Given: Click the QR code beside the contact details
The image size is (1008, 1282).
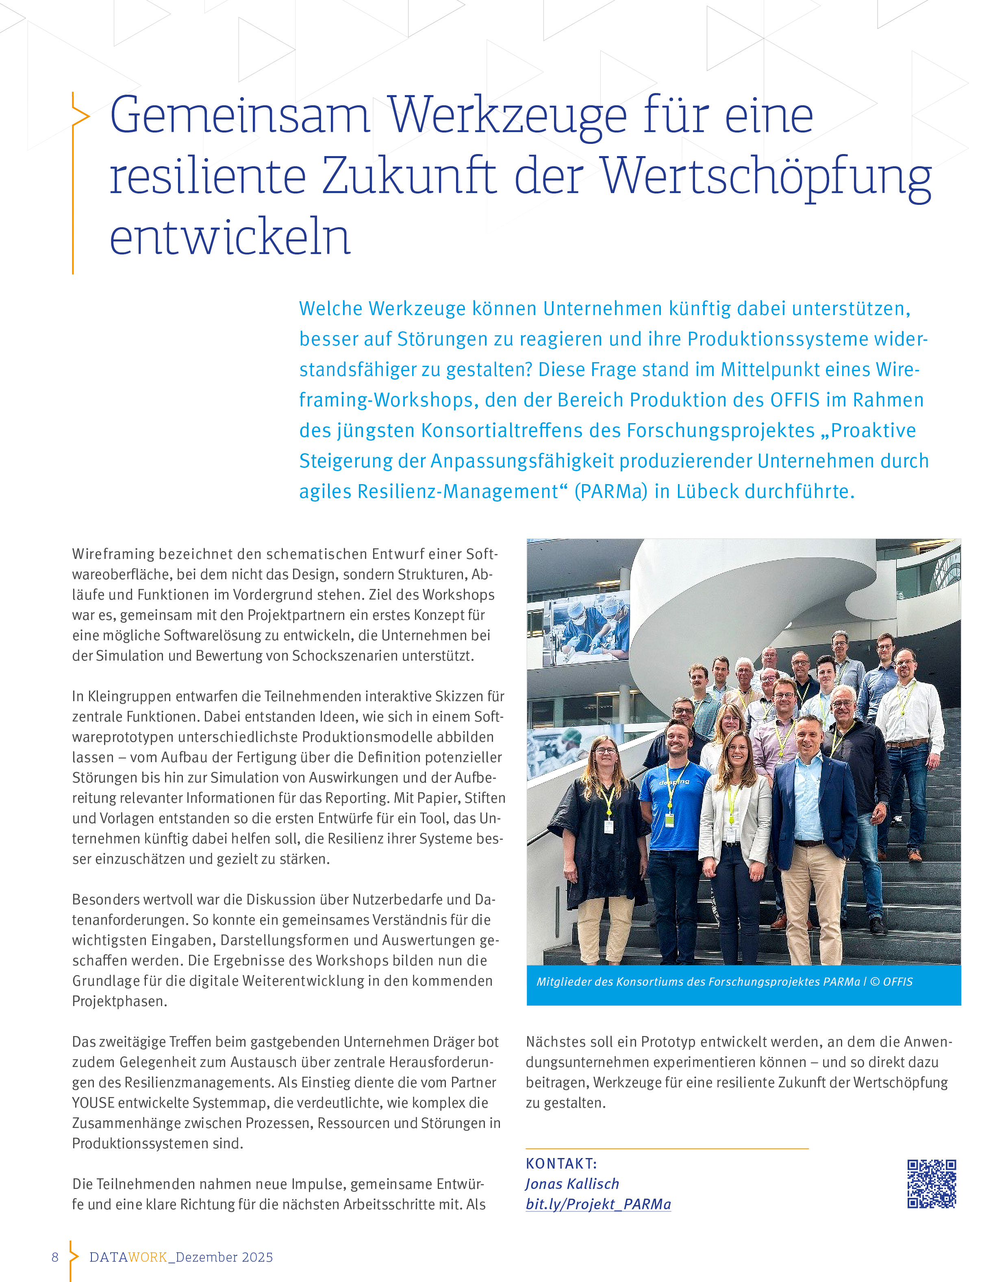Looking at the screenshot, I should [x=931, y=1183].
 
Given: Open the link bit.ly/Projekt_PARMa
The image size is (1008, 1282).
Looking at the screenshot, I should [x=598, y=1204].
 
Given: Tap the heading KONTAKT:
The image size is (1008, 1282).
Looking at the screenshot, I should [x=561, y=1163].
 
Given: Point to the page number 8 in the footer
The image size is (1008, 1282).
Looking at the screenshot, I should [x=55, y=1257].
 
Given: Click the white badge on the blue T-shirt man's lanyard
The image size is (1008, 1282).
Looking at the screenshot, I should [x=670, y=820].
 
